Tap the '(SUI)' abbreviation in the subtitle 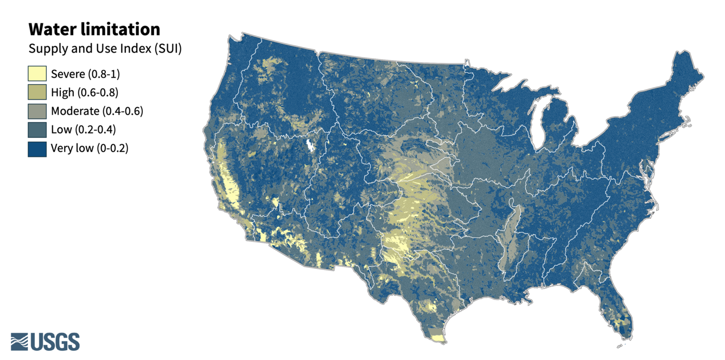click(x=168, y=49)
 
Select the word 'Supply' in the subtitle click(x=45, y=49)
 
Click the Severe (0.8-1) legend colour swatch click(x=37, y=74)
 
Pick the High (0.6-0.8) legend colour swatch click(x=37, y=92)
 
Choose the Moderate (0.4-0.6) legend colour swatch click(x=37, y=111)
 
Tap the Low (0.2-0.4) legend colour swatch click(x=37, y=130)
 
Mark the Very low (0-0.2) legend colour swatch click(x=37, y=148)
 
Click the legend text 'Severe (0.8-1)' click(x=85, y=74)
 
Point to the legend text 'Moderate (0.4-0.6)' click(x=97, y=111)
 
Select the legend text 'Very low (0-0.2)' click(x=90, y=148)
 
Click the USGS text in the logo click(x=55, y=342)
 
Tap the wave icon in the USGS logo click(x=20, y=342)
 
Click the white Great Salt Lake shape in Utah click(x=310, y=146)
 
